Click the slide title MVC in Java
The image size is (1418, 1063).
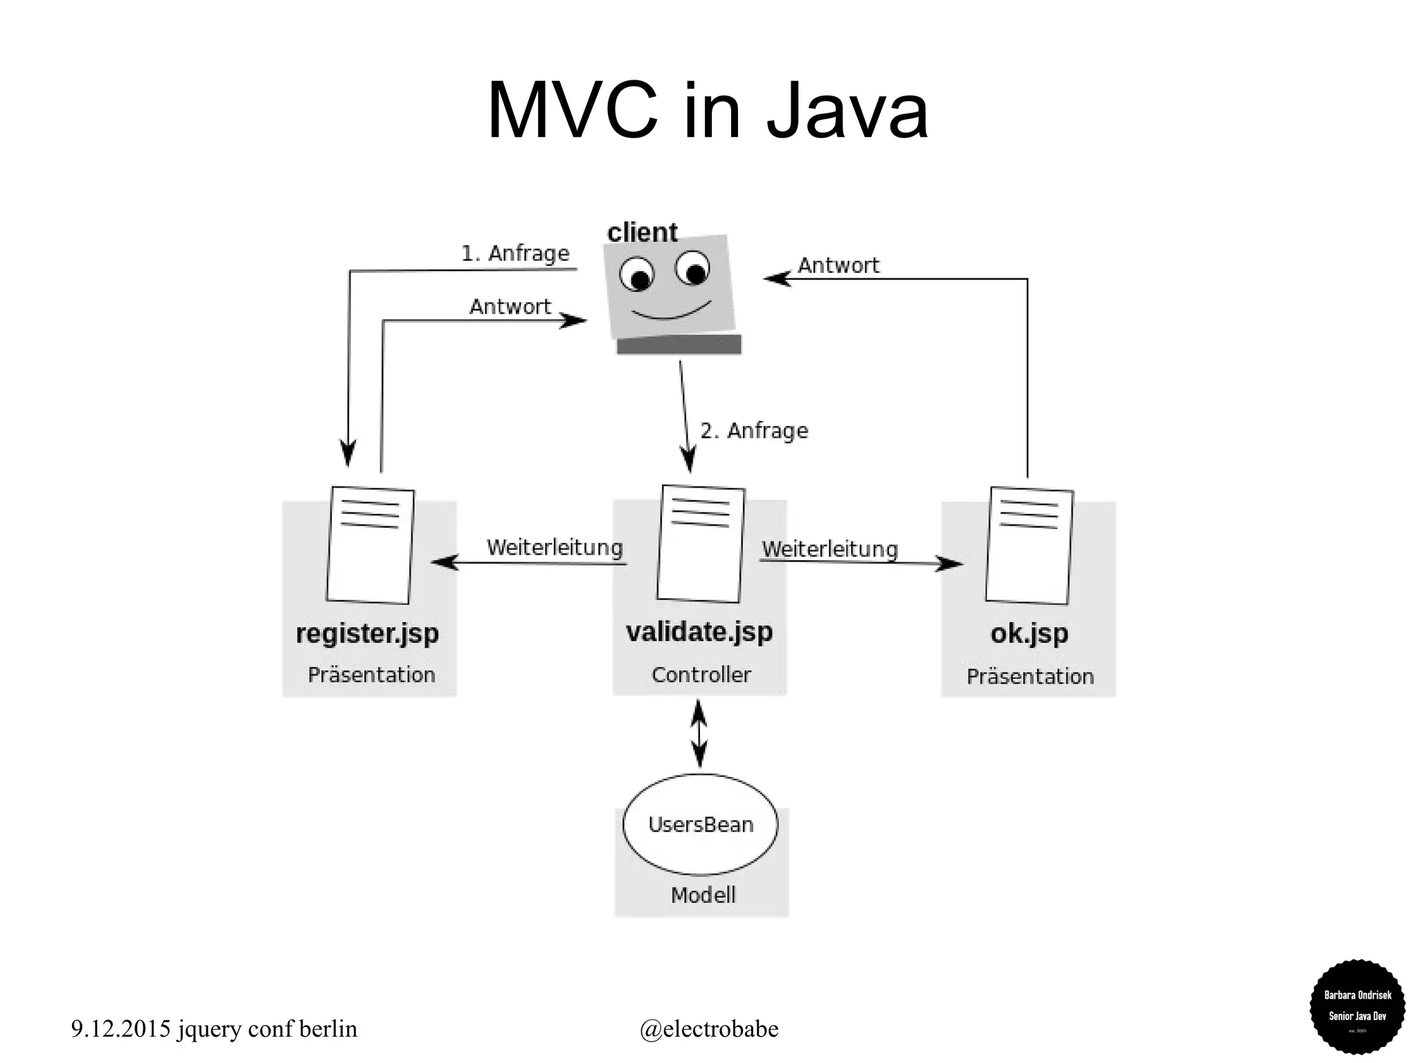707,111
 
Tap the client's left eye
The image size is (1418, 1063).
636,274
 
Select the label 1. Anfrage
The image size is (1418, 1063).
515,253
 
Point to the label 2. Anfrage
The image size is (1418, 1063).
754,431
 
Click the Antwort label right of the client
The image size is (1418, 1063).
838,265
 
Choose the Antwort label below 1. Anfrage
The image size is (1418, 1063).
510,306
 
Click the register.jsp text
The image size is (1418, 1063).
367,633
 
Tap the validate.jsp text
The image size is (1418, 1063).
699,632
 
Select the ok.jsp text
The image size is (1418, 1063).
1029,633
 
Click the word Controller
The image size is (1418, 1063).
701,675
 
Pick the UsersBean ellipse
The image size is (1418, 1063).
700,824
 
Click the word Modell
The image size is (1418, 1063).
703,895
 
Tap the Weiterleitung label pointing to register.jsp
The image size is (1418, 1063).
555,548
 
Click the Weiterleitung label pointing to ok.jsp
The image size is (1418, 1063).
829,549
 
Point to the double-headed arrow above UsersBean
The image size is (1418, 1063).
699,733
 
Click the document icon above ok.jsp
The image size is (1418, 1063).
1029,546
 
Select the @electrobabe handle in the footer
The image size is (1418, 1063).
709,1028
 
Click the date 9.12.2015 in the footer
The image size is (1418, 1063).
120,1028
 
